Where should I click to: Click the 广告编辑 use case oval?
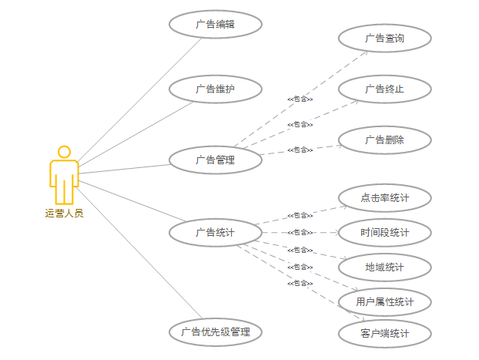tap(216, 24)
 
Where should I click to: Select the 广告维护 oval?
tap(216, 89)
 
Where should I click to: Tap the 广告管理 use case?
tap(216, 160)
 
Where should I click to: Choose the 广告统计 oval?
tap(216, 231)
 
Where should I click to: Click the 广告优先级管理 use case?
tap(216, 332)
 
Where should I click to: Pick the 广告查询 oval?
tap(384, 38)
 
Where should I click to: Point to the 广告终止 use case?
tap(384, 89)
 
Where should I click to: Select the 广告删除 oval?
tap(384, 140)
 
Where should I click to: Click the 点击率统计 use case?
tap(384, 198)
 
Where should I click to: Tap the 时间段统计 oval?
tap(384, 232)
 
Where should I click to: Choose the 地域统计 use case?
tap(384, 267)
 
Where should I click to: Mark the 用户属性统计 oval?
tap(384, 301)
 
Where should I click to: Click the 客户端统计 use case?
tap(384, 334)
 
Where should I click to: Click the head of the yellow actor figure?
tap(64, 152)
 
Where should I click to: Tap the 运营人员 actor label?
tap(64, 214)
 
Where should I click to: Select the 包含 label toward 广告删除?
tap(300, 150)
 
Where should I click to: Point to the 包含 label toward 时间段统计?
tap(300, 232)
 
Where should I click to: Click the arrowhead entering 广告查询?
tap(367, 52)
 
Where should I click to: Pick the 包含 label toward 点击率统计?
tap(300, 215)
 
